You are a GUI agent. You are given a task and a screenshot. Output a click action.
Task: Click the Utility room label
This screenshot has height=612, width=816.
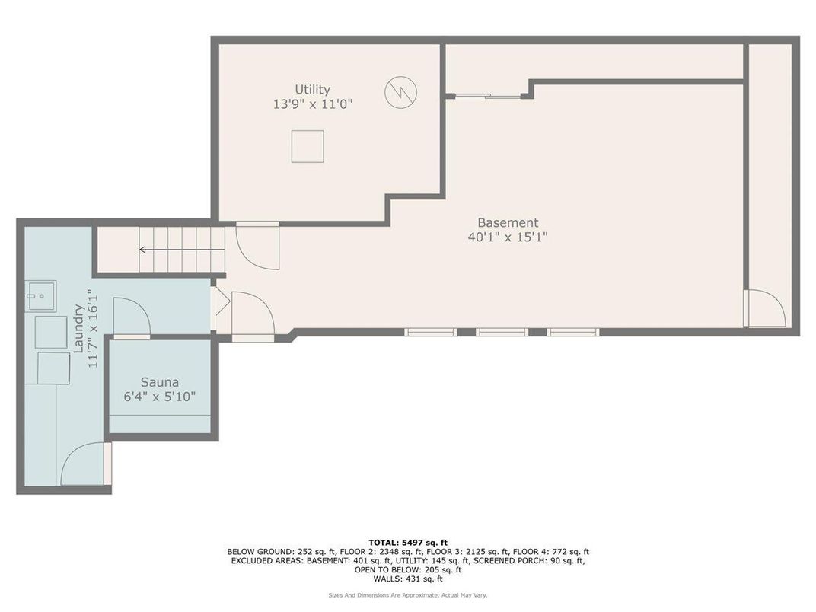pos(312,89)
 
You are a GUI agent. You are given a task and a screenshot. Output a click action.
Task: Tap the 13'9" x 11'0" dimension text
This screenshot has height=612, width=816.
pos(313,104)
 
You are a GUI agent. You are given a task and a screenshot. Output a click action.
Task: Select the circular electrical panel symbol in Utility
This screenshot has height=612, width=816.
pos(400,92)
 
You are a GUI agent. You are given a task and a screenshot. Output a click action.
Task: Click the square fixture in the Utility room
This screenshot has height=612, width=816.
pos(308,146)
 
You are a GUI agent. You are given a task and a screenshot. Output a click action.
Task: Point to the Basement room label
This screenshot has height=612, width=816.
pos(508,223)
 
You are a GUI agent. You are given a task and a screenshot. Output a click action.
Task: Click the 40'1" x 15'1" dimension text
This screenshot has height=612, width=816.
pos(508,237)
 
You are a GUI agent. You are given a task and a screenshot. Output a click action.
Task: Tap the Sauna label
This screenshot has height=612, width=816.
pos(160,382)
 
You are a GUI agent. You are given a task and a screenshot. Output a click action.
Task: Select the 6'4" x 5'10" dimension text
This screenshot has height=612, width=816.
pos(159,397)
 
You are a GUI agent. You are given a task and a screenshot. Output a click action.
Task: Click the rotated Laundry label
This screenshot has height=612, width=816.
pos(79,329)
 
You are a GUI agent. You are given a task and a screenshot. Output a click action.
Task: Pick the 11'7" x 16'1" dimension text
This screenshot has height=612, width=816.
pos(93,329)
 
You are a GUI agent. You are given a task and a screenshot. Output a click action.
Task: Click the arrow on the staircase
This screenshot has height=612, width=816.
pos(182,250)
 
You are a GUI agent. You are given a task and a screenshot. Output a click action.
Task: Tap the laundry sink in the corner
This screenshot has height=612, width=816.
pos(40,296)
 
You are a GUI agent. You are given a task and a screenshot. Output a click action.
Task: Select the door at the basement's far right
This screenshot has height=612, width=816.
pos(764,308)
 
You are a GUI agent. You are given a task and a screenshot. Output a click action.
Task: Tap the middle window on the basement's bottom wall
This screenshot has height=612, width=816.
pos(502,332)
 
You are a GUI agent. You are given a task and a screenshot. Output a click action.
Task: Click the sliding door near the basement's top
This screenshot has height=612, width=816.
pos(488,96)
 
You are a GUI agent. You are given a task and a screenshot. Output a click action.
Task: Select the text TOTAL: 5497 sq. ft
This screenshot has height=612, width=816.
pos(408,542)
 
